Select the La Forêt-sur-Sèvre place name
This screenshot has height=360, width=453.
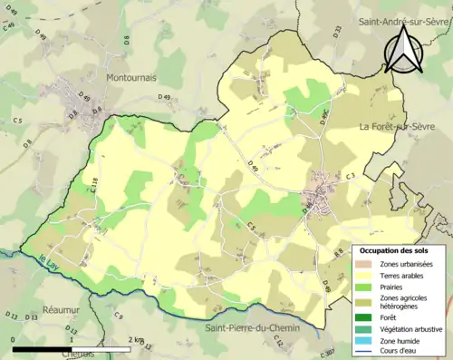point(402,126)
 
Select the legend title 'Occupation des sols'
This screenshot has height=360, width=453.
point(395,249)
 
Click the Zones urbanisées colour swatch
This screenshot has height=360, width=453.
point(365,263)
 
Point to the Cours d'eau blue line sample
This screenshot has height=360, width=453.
point(365,352)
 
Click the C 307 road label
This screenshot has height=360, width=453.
point(327,352)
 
